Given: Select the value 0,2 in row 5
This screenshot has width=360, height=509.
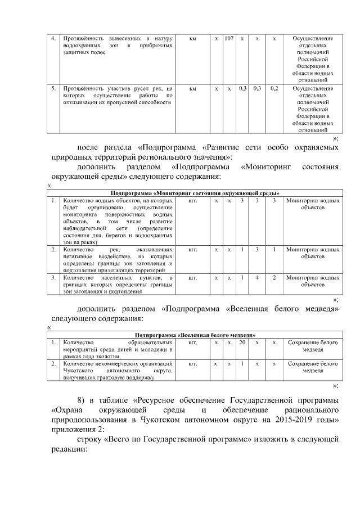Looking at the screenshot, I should (x=274, y=88).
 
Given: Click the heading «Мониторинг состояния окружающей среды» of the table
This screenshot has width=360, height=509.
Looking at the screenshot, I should (x=196, y=193).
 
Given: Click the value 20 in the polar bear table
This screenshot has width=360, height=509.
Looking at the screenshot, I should (x=242, y=342).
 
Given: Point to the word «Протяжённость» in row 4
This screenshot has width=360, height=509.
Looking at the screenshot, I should (x=82, y=38).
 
